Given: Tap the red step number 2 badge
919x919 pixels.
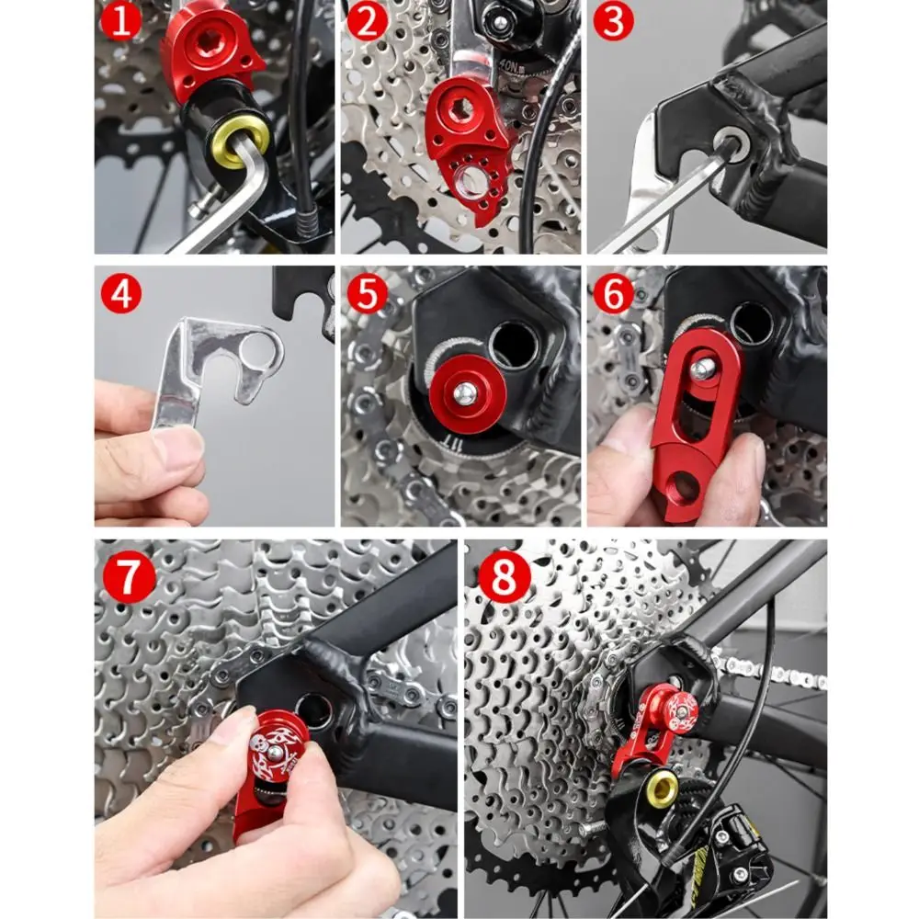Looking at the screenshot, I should [x=367, y=21].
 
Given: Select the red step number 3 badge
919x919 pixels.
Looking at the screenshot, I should [x=613, y=21].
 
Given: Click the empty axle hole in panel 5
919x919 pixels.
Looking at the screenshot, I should [x=515, y=346].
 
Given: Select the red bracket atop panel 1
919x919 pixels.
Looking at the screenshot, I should [x=210, y=51].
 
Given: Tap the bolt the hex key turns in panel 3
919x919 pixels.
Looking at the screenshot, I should [x=732, y=146].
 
